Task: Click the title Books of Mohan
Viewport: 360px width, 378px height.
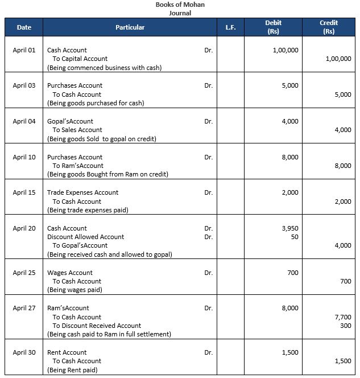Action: pos(180,5)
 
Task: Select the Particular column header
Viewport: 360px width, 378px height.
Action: pos(130,27)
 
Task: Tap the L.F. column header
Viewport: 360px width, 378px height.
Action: pos(230,27)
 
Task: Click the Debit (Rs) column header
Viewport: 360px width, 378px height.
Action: pos(273,27)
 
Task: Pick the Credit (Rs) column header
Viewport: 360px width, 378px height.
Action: pos(328,27)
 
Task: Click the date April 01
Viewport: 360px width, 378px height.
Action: pos(24,50)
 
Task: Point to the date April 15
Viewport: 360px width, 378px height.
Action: pos(24,192)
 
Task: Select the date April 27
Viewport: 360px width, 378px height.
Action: pos(24,308)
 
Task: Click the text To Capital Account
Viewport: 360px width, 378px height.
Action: pos(80,59)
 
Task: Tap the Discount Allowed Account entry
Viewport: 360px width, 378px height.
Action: pos(85,237)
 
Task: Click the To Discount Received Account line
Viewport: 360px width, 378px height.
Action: pos(97,326)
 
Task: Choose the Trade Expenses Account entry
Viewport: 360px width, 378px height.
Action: pos(82,192)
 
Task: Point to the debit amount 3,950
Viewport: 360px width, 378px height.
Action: pos(289,228)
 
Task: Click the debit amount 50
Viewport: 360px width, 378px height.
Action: pos(294,237)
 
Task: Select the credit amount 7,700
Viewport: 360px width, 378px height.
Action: pos(342,317)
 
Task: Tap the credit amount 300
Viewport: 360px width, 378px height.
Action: pos(345,326)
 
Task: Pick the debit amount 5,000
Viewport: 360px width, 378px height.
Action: pos(289,85)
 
